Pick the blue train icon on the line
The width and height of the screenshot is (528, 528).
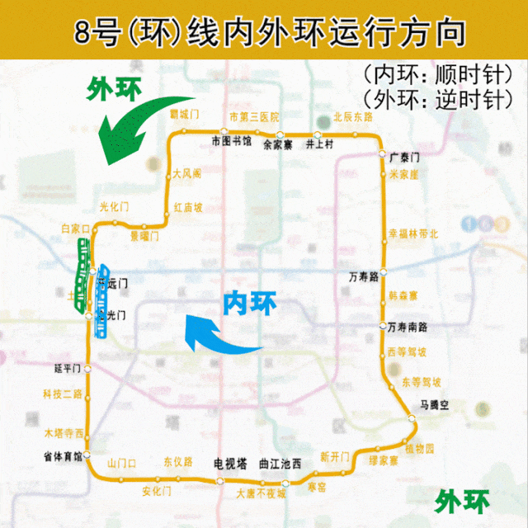tap(102, 302)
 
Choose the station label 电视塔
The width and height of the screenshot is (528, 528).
tap(230, 464)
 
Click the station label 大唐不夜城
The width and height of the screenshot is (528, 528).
tap(260, 493)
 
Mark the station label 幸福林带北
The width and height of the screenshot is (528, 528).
tap(413, 234)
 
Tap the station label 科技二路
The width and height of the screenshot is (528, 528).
tap(64, 394)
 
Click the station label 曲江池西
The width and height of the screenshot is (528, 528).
tap(280, 464)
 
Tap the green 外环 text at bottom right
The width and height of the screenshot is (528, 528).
tap(463, 501)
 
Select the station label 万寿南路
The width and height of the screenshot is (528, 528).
tap(408, 328)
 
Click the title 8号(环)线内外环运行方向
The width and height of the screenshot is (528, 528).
tap(264, 33)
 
